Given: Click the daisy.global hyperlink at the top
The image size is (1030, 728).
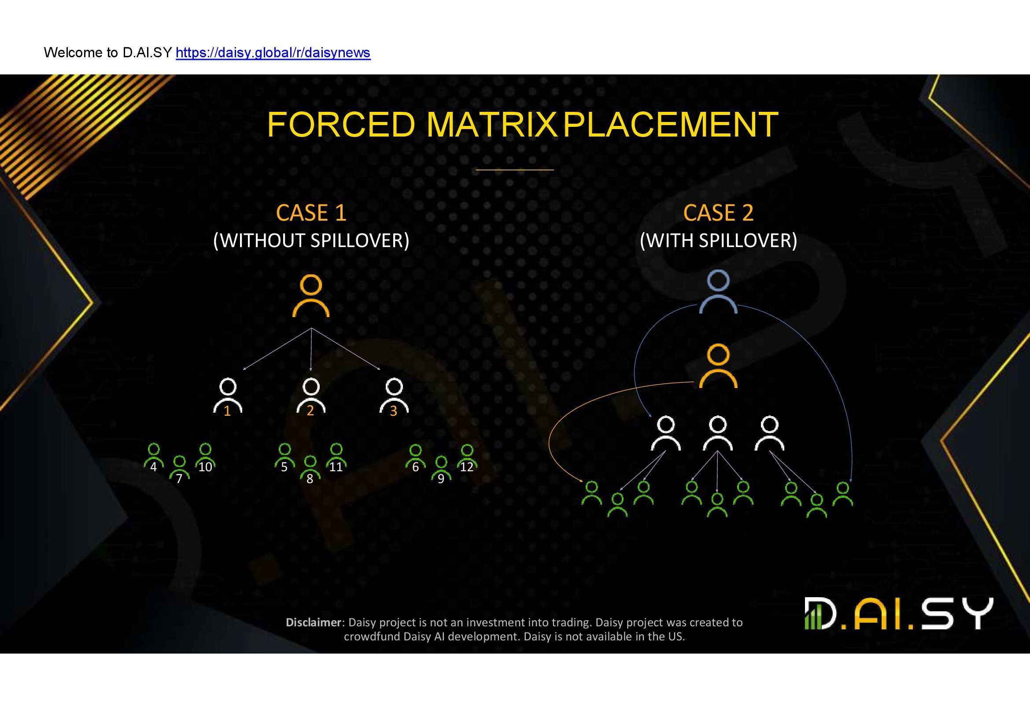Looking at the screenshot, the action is pos(273,53).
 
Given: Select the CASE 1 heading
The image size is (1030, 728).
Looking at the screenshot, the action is pos(311,213).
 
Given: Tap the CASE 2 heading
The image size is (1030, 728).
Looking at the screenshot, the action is pos(718,213).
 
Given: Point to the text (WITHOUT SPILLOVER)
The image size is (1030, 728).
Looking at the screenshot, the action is pos(311,241).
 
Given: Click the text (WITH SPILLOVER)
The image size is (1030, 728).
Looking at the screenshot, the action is pos(718,241).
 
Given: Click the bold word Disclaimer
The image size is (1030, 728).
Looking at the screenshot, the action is pos(314,622).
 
